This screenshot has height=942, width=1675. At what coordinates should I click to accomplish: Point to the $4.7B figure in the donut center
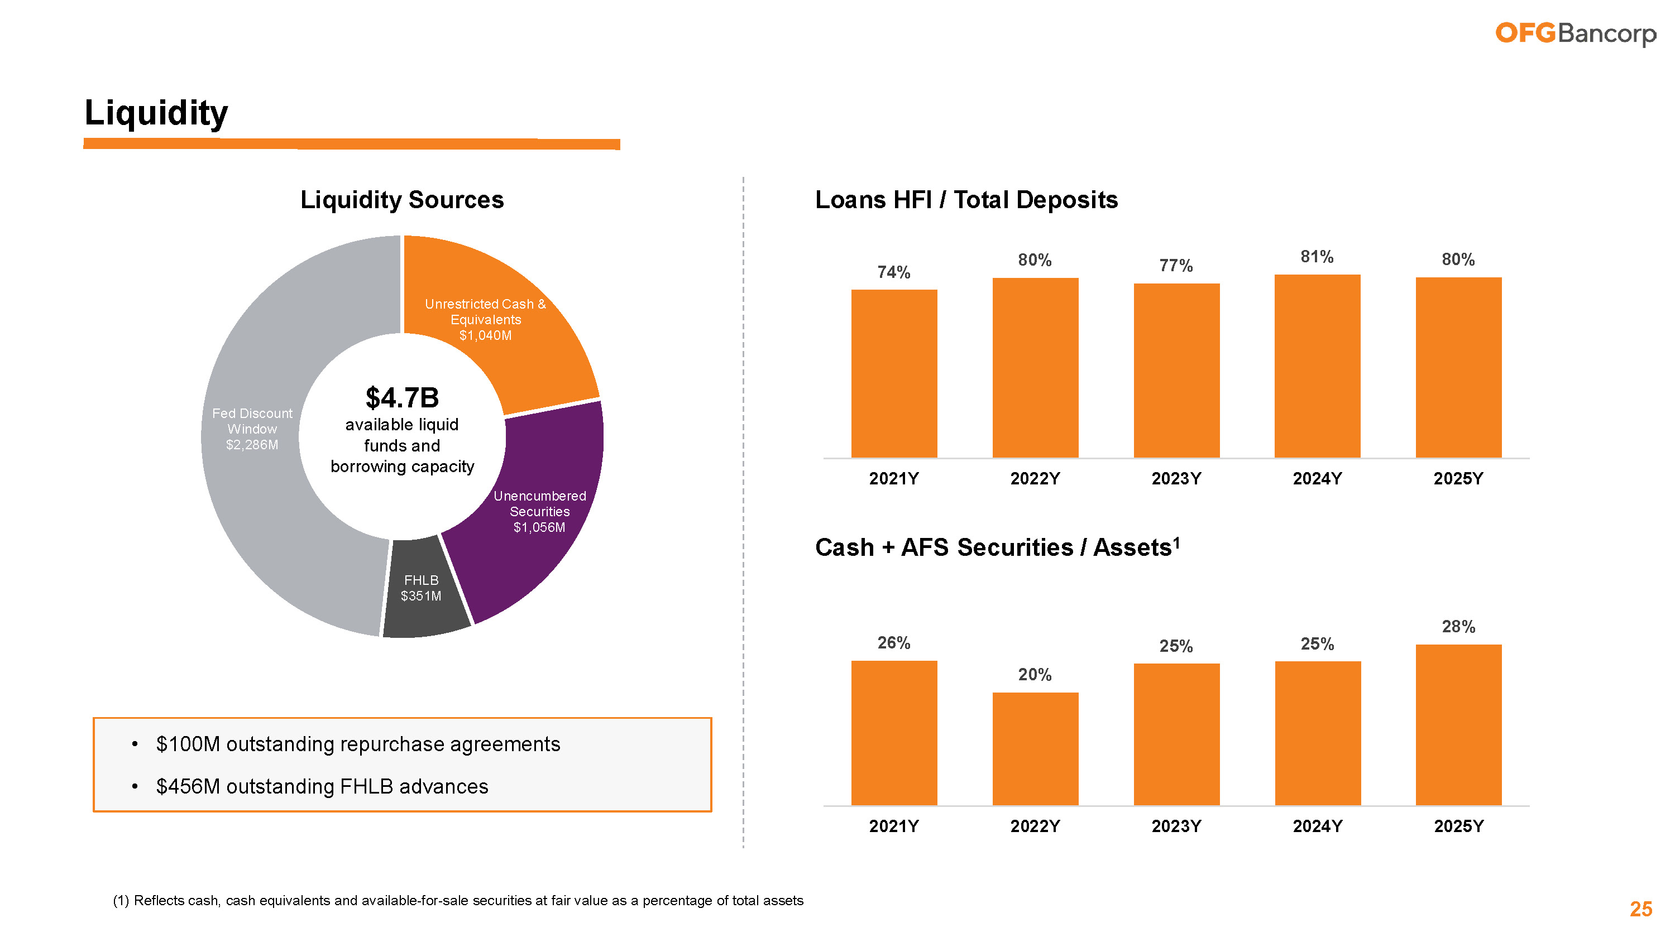(402, 398)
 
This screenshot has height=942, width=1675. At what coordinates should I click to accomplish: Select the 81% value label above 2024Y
(1317, 257)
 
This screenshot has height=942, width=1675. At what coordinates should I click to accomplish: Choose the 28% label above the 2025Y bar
(1458, 627)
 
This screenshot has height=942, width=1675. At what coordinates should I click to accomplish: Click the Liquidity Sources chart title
(402, 200)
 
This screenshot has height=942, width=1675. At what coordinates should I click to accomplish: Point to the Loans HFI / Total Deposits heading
(966, 200)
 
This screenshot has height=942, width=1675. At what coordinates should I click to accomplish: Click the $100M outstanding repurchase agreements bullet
(358, 744)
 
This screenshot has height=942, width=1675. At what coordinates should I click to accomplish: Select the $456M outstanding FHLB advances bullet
(322, 787)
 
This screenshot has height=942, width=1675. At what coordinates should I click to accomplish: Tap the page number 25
(1640, 909)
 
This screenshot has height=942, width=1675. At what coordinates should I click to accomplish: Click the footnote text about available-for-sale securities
(458, 900)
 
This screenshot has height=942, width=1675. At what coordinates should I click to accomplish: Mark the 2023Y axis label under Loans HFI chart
(1176, 479)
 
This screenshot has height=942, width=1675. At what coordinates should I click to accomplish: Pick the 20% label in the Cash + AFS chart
(1035, 675)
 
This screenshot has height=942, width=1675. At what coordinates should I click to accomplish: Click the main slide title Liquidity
(156, 113)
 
